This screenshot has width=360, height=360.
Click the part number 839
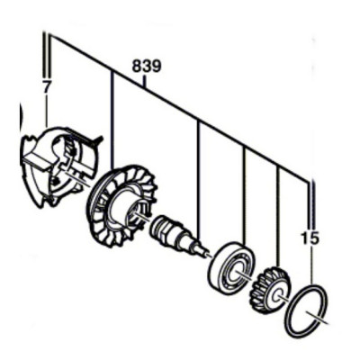147,67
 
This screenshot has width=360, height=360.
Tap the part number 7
46,88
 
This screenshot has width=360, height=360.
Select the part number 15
310,238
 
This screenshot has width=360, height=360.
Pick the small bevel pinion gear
267,286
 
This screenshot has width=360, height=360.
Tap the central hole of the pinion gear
277,294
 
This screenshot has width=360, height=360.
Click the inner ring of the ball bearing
238,269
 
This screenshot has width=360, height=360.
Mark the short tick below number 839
145,81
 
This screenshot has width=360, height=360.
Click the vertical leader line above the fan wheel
112,121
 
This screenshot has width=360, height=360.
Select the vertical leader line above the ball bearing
245,194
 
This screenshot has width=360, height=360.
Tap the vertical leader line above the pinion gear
278,218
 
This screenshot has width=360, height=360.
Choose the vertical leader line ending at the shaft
198,181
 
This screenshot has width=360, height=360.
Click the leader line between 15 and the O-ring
311,265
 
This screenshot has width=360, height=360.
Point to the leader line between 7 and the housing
46,112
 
